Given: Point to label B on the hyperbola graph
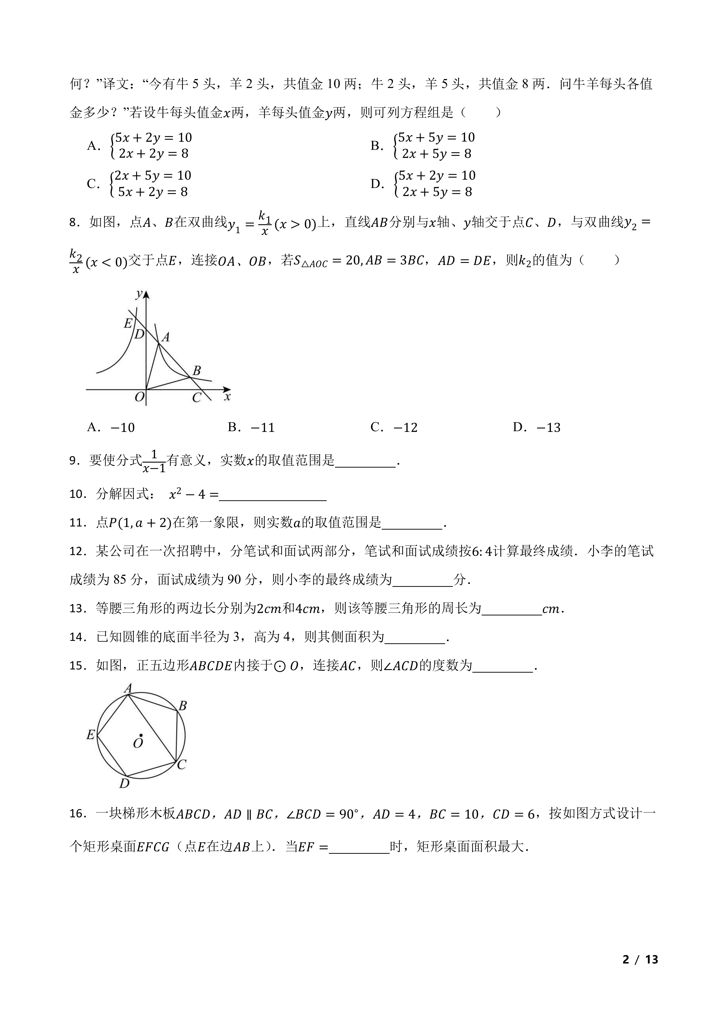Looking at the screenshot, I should point(196,370).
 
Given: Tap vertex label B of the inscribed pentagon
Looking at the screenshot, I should point(182,706).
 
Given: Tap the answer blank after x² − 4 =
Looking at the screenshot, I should point(273,495).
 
